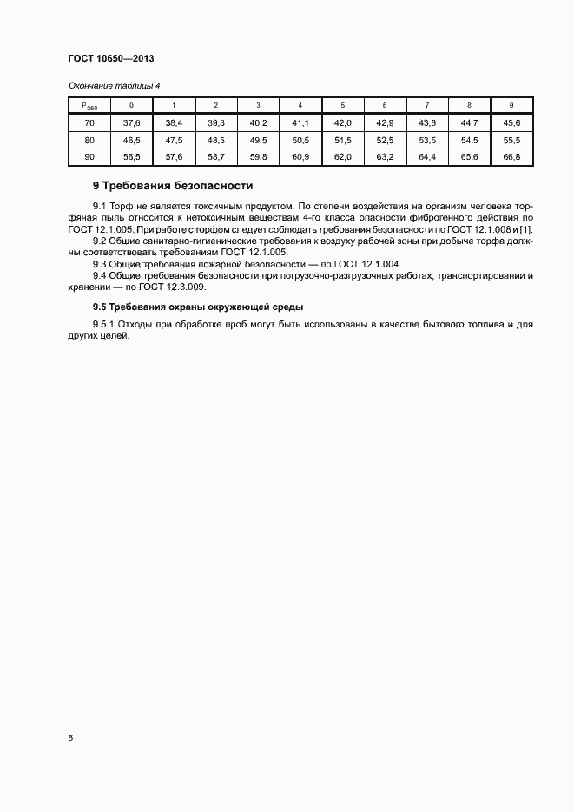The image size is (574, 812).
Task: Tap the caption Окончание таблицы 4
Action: point(109,85)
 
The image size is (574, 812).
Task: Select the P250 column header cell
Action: point(89,105)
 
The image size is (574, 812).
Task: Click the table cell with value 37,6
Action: point(131,123)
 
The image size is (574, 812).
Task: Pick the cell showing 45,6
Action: point(511,123)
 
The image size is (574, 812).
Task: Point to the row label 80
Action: point(89,140)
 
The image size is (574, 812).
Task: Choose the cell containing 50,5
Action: point(300,140)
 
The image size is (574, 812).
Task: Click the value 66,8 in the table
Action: point(511,157)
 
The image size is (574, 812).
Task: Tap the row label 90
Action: point(89,157)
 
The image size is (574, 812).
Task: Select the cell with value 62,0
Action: point(343,157)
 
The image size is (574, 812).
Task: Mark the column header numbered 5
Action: point(343,105)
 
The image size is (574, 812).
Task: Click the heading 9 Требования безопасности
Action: point(172,185)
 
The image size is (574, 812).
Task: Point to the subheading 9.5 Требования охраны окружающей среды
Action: point(198,307)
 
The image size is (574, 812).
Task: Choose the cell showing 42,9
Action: point(385,123)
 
